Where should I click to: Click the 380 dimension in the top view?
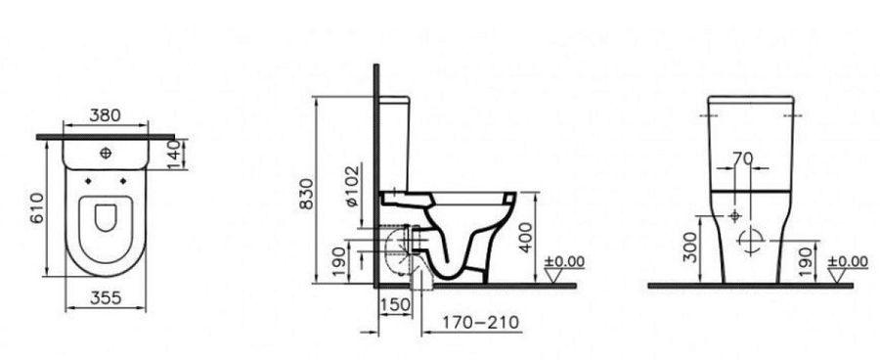[x=105, y=115]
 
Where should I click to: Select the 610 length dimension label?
[x=37, y=207]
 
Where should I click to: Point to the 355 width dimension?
[x=106, y=297]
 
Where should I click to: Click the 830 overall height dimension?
[x=306, y=194]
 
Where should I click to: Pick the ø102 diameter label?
[x=352, y=186]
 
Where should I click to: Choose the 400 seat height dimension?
[x=525, y=238]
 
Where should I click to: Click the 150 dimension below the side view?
[x=395, y=305]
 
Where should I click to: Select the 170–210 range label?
[x=480, y=323]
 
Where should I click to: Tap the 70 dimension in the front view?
[x=742, y=159]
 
